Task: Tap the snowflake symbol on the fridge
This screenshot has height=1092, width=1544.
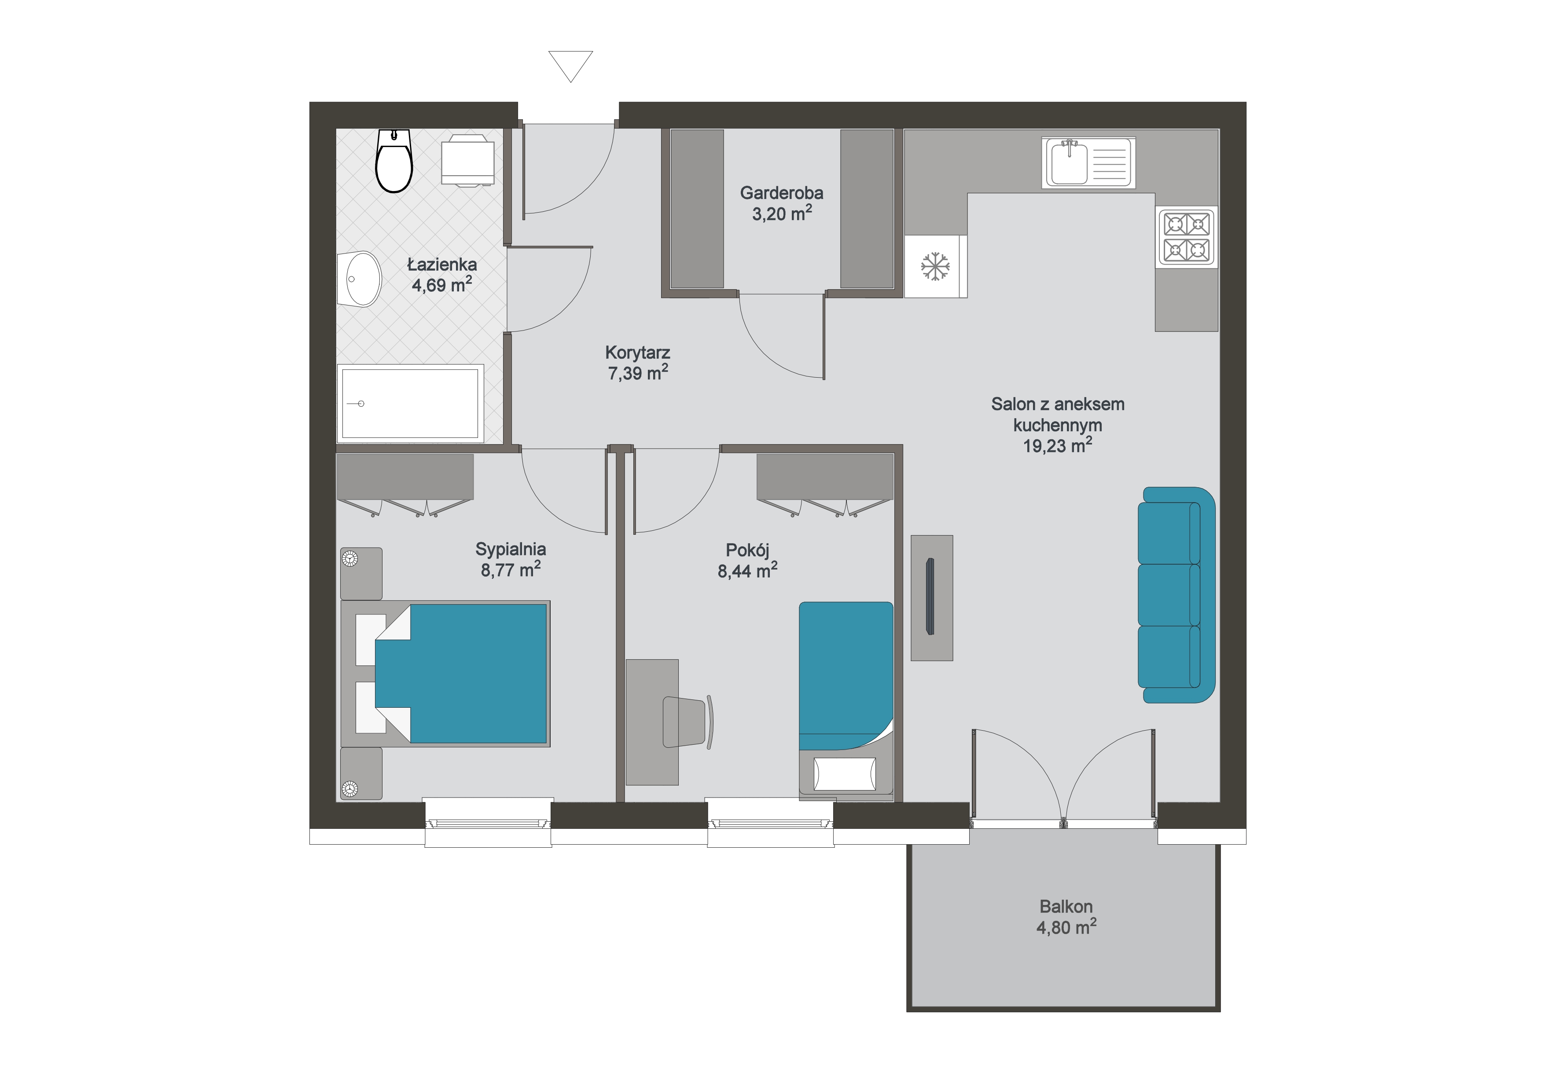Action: click(x=935, y=266)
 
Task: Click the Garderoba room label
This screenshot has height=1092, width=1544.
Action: click(x=781, y=193)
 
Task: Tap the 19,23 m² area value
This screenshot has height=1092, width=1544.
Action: click(x=1057, y=445)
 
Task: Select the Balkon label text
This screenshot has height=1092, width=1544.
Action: click(x=1066, y=906)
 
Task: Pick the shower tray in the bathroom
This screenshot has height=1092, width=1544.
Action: click(x=410, y=404)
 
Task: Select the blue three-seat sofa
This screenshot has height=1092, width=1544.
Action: click(x=1176, y=595)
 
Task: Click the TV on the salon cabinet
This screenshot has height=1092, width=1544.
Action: click(x=930, y=596)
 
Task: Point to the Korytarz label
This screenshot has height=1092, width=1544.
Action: click(x=637, y=353)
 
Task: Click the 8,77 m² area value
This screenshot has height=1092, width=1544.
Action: click(x=511, y=570)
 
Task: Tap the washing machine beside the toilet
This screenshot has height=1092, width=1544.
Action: click(x=468, y=160)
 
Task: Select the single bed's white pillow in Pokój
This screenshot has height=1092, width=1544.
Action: click(x=845, y=774)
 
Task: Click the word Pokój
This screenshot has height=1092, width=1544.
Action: click(x=747, y=551)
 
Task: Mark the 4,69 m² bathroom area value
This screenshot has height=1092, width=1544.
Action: click(x=442, y=285)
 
